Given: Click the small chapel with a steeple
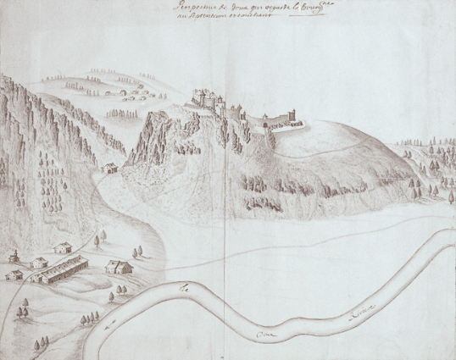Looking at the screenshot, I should [x=14, y=256].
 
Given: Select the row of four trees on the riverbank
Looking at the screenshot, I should [x=88, y=318].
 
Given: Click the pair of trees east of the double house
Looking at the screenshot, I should [x=137, y=252].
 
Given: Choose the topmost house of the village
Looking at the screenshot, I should [x=62, y=247].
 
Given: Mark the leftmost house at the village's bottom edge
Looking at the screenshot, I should [x=14, y=274].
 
